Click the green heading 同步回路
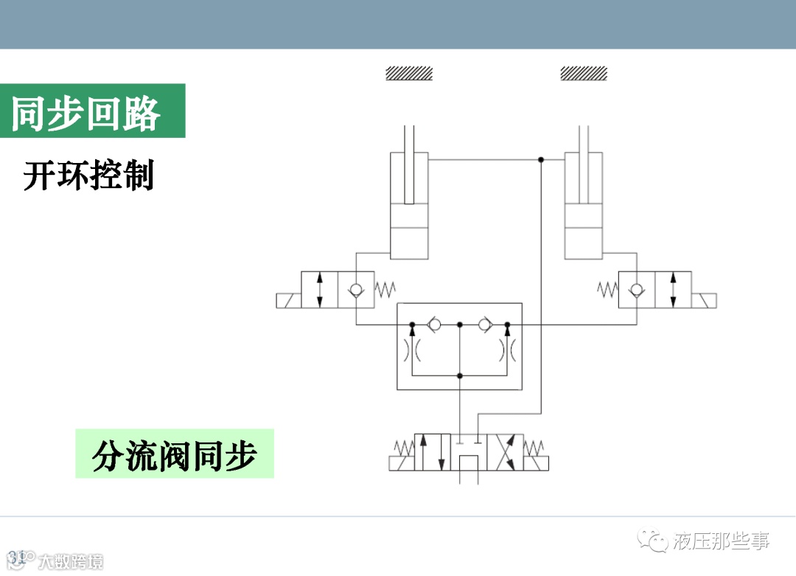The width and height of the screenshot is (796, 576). [86, 112]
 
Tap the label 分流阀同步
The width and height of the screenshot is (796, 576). [174, 454]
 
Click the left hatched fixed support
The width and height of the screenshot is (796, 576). [409, 73]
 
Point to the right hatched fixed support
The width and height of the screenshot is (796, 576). [584, 73]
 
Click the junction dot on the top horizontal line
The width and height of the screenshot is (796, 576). [541, 159]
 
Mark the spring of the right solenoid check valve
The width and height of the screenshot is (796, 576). [607, 289]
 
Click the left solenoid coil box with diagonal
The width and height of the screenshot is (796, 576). [288, 300]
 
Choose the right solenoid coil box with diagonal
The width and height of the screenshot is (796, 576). [705, 300]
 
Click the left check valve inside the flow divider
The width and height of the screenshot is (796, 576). [435, 325]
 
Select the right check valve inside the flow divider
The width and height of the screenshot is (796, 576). [484, 325]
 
